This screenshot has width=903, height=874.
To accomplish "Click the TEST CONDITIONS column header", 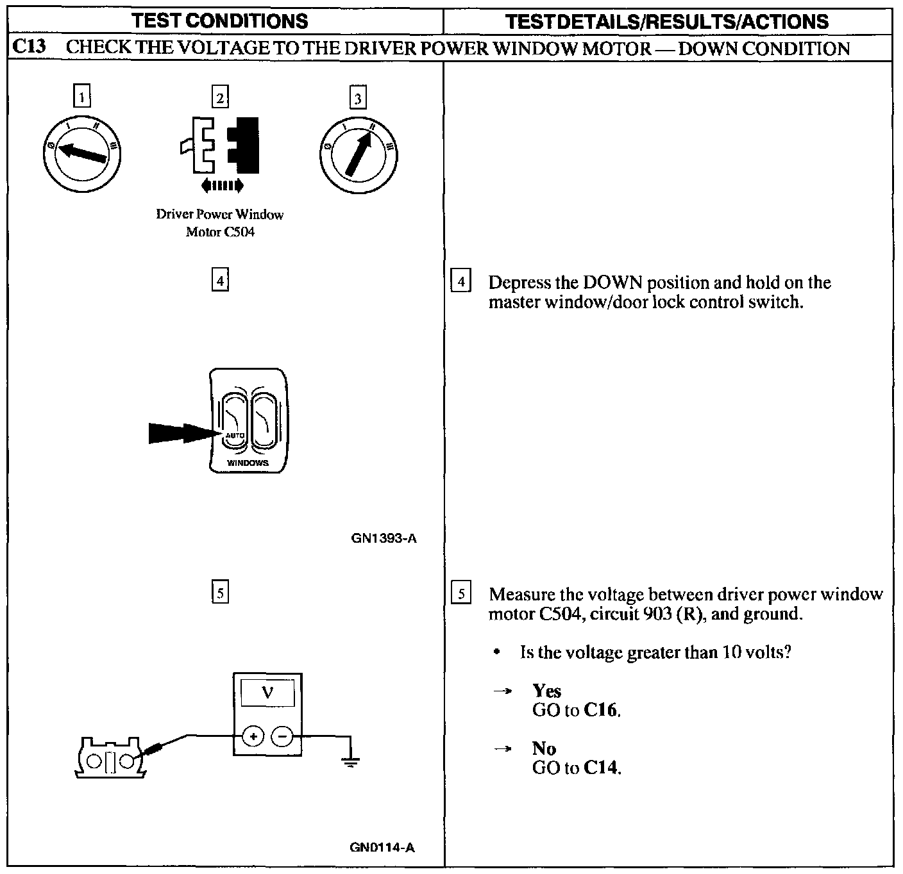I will [x=220, y=21].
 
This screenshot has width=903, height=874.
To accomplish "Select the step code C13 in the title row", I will [x=28, y=48].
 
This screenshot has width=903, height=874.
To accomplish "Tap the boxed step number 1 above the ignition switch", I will [x=81, y=97].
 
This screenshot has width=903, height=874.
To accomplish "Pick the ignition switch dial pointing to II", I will [x=358, y=154].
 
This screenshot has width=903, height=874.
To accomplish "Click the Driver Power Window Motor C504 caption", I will [x=220, y=222].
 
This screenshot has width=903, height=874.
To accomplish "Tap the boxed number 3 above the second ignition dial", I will [x=358, y=98].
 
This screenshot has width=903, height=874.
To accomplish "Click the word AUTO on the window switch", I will [x=235, y=436].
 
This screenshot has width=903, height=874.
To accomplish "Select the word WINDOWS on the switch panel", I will [x=248, y=463].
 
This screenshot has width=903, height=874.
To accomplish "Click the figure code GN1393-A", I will [x=384, y=538].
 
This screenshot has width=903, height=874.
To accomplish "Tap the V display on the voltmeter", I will [x=267, y=693].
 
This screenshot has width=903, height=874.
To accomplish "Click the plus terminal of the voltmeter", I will [x=253, y=736].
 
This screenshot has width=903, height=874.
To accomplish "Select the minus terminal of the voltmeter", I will [x=282, y=736].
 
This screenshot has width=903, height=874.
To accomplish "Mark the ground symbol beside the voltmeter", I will [x=350, y=761].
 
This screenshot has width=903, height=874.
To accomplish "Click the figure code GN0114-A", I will [x=382, y=847].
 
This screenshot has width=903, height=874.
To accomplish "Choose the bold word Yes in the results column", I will [x=546, y=691].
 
